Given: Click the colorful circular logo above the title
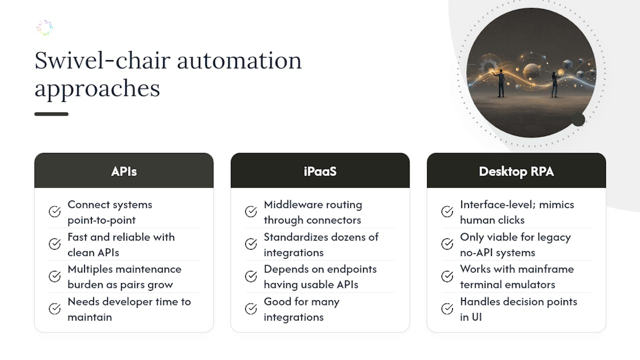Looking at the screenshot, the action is pos(45,27).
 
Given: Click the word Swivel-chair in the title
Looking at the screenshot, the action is pos(102,60).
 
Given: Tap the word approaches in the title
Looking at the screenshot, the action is pos(97,89).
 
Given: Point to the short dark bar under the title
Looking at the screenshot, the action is pos(51,114).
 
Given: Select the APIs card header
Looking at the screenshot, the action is pos(124,170).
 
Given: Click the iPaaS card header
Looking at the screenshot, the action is pos(320,170).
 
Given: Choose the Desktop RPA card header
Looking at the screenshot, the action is pos(516,170).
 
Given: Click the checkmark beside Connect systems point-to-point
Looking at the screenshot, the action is pos(54,211).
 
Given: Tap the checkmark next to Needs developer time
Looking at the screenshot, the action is pos(54,309).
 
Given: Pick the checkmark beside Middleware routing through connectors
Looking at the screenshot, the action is pos(251,211).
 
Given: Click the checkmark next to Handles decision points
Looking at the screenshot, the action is pos(447,309).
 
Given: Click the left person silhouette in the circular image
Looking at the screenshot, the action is pos(500,83).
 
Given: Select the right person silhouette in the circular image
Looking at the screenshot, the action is pos(554,85).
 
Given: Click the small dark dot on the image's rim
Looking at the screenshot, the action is pos(578,119).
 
